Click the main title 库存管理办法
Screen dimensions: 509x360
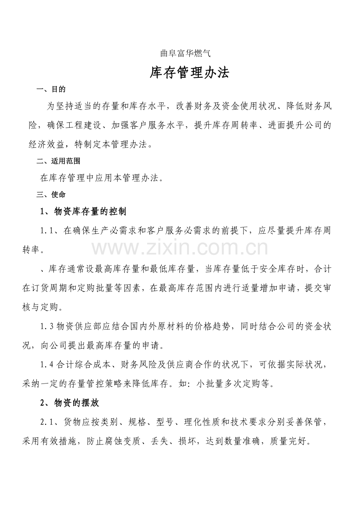coord(189,73)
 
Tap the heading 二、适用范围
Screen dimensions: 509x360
coord(58,161)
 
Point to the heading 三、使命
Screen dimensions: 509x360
coord(51,194)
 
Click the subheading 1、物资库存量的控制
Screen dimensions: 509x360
coord(83,211)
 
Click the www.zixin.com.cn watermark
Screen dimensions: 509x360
coord(180,248)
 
